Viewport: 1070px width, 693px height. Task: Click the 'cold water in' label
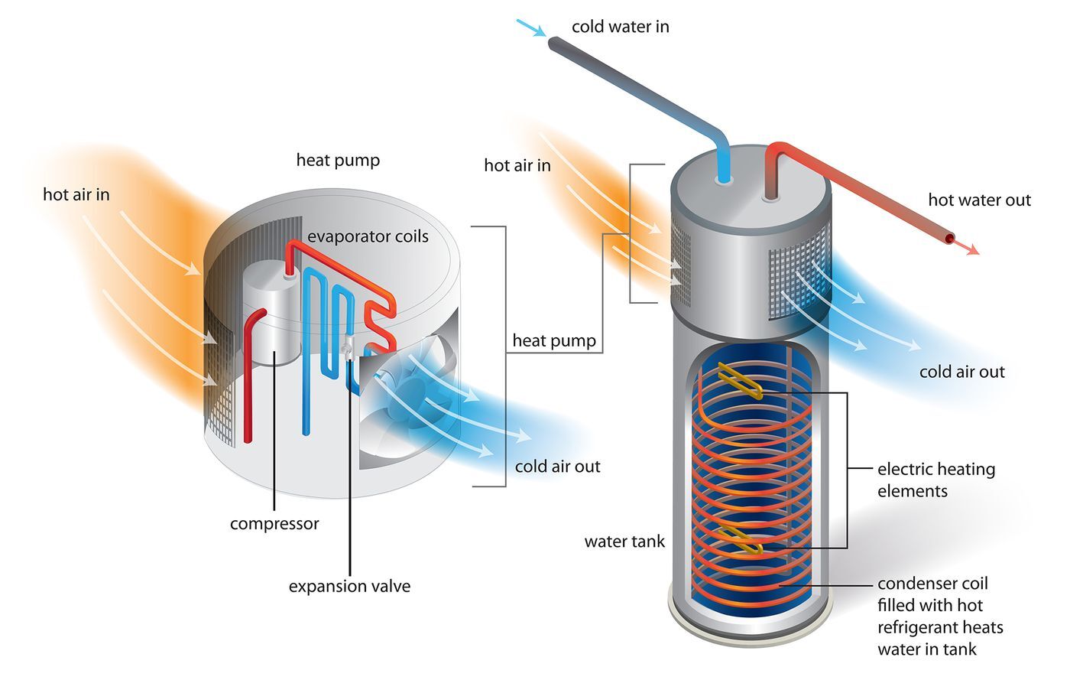point(620,27)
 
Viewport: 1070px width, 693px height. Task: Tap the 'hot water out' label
point(979,200)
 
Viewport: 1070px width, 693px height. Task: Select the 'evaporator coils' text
point(368,236)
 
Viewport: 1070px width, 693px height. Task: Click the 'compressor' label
point(274,524)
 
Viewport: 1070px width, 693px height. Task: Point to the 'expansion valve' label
point(349,587)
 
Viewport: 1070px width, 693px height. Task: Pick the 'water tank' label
point(624,542)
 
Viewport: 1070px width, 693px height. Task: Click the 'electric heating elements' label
point(935,480)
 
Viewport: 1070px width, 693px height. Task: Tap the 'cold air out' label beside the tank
point(961,373)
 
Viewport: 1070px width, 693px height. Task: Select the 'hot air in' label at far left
point(76,195)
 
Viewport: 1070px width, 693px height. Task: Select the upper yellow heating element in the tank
point(740,382)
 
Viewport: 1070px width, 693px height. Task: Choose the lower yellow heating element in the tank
point(741,540)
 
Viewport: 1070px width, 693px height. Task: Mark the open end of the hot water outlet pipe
point(949,239)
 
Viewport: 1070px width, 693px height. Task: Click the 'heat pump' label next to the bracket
point(554,341)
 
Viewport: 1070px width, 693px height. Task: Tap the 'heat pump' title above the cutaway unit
point(338,161)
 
